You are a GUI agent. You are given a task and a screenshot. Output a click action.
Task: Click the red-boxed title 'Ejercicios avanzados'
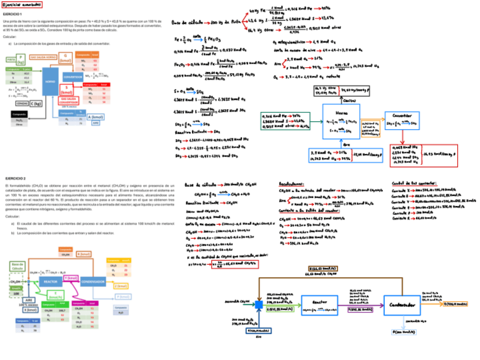tap(22, 4)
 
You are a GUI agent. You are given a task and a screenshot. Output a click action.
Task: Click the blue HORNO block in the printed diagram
tap(50, 81)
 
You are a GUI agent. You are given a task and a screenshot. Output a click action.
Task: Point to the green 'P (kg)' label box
tap(21, 59)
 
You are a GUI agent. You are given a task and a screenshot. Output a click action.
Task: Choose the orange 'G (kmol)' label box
tap(66, 57)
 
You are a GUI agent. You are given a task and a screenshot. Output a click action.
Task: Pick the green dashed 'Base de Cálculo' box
tap(17, 266)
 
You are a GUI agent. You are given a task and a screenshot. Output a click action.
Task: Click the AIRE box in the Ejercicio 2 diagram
tap(28, 301)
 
